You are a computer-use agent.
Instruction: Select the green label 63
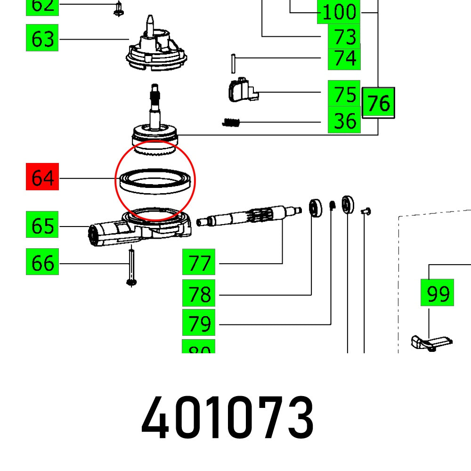42,39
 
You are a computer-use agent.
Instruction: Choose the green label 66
42,262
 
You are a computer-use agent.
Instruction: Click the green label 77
199,262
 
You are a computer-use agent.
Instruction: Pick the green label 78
199,294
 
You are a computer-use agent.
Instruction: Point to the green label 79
199,324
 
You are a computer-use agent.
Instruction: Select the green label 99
437,293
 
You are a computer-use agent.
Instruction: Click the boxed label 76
379,103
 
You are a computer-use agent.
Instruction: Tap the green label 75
344,94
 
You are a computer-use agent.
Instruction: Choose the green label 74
344,59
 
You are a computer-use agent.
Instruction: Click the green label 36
344,121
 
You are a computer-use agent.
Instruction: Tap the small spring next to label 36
231,122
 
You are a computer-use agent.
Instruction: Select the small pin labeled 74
233,64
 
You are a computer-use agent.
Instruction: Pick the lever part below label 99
431,343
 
